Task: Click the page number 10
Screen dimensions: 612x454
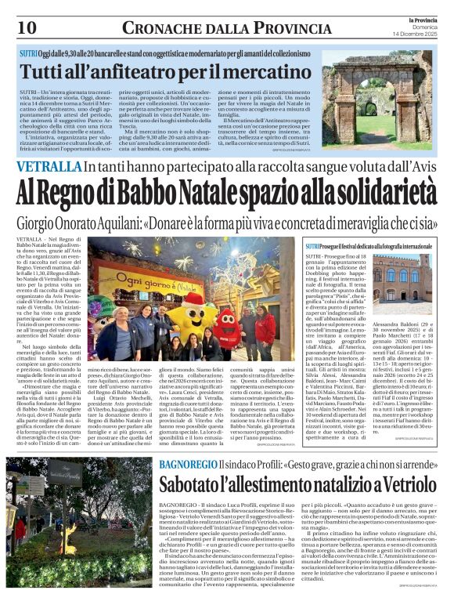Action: click(27, 28)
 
